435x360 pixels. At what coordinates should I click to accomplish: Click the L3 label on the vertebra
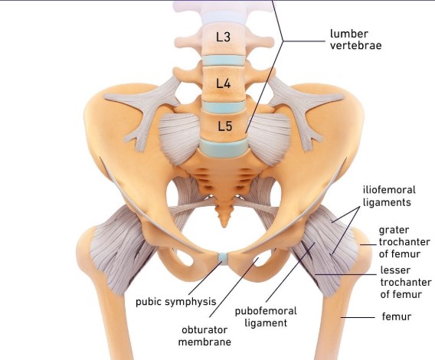click(224, 37)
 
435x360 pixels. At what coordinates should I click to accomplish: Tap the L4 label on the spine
click(224, 83)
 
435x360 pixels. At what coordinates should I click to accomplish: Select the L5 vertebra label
click(224, 126)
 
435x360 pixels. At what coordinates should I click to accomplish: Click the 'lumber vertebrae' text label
click(355, 39)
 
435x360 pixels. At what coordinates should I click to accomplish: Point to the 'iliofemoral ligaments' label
click(389, 196)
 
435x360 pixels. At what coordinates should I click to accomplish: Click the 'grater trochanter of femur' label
click(404, 242)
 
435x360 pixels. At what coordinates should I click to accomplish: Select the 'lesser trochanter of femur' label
click(406, 282)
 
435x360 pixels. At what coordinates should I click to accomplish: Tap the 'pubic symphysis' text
click(175, 302)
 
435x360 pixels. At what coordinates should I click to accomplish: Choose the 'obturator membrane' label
click(204, 335)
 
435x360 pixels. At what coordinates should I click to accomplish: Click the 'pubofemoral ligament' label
click(266, 317)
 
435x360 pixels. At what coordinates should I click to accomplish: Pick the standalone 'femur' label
click(397, 316)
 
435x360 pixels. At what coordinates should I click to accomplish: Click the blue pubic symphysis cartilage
click(223, 257)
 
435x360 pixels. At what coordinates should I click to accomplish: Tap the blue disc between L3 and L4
click(224, 61)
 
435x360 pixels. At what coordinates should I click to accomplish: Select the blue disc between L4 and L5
click(224, 106)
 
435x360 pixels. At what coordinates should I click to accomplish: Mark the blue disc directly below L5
click(224, 148)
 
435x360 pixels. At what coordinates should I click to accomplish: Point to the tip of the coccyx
click(224, 227)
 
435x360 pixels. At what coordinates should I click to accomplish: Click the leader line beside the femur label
click(358, 317)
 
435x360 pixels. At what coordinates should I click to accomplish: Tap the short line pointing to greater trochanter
click(368, 244)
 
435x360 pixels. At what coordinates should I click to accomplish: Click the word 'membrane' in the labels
click(204, 342)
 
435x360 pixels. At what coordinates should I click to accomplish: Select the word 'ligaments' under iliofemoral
click(387, 202)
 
